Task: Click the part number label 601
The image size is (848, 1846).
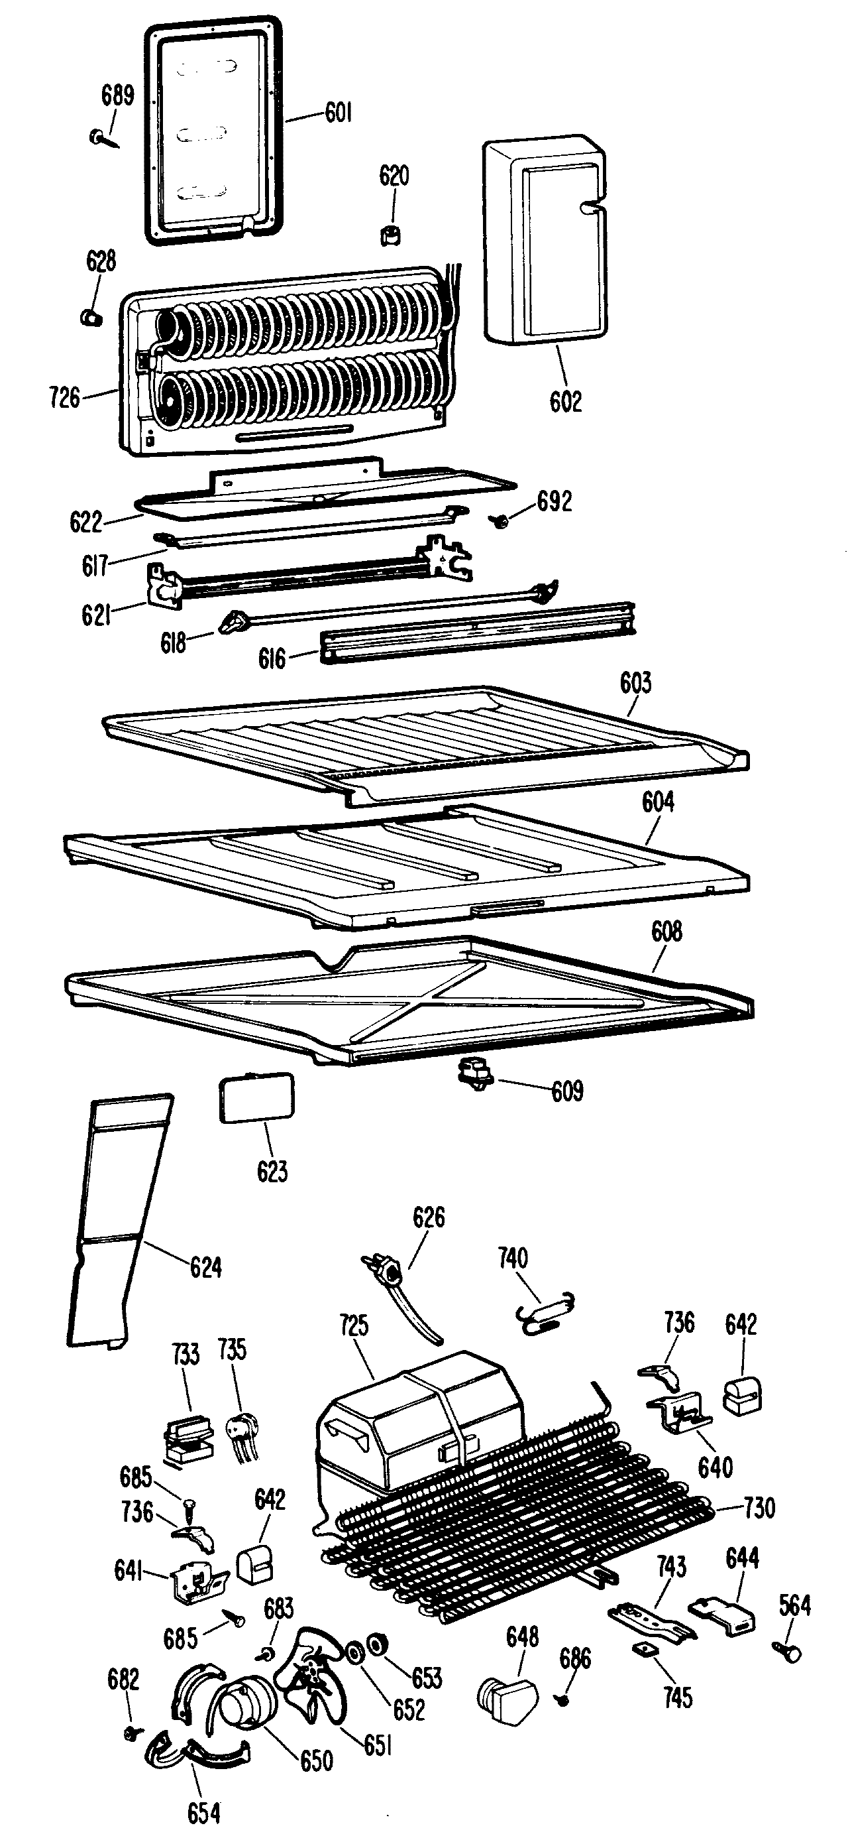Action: point(338,113)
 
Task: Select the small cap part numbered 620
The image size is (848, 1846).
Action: point(390,233)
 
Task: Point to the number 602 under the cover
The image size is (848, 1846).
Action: point(565,400)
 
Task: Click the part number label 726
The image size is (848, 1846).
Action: point(64,397)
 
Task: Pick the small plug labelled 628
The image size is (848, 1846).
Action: point(89,316)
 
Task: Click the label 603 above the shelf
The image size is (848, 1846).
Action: point(635,683)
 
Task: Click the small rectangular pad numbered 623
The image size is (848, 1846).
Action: point(256,1097)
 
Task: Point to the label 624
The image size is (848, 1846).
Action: point(205,1267)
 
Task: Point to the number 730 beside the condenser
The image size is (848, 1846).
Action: point(759,1508)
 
